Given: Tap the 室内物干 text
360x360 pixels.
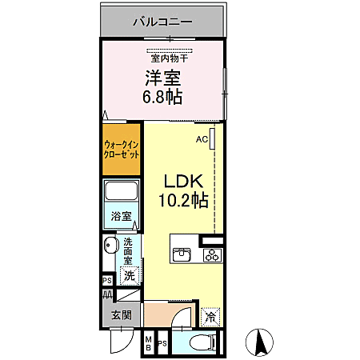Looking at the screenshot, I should tap(168, 57).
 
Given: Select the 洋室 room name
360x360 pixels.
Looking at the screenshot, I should tap(162, 78).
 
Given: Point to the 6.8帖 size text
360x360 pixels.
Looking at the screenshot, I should tap(162, 98).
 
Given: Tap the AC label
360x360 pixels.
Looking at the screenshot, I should tap(202, 138).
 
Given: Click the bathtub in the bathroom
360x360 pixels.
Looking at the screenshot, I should tap(122, 193).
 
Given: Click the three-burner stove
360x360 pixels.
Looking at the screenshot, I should tap(212, 255).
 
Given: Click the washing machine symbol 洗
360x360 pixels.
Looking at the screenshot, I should tap(128, 276).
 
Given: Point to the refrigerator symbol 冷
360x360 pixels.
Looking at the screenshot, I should tap(210, 317).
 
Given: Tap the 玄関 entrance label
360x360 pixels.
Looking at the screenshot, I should tap(121, 314).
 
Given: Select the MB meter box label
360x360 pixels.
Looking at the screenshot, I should tap(148, 344).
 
